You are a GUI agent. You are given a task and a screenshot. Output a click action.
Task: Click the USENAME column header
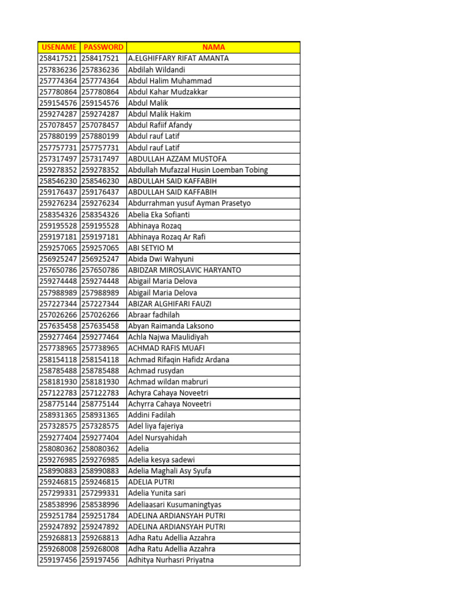click(x=58, y=47)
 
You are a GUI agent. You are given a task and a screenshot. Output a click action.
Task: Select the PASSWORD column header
click(x=103, y=47)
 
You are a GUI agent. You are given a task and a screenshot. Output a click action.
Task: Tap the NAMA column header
click(x=213, y=47)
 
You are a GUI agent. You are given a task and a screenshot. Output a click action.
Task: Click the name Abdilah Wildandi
click(x=157, y=69)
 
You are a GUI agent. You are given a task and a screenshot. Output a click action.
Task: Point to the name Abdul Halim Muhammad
click(x=170, y=81)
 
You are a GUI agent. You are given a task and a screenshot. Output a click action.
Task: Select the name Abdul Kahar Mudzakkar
click(x=168, y=92)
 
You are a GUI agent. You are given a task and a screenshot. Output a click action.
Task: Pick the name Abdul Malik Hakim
click(x=160, y=114)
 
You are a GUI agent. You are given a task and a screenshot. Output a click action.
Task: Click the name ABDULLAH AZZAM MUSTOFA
click(x=178, y=159)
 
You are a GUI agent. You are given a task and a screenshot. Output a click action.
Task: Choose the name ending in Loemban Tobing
click(x=198, y=170)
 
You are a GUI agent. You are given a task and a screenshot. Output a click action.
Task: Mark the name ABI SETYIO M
click(x=151, y=248)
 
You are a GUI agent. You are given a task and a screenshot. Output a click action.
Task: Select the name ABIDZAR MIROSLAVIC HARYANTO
click(x=185, y=270)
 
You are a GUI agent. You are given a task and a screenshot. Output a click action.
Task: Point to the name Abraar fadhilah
click(x=154, y=315)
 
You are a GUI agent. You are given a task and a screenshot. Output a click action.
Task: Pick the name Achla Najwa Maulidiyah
click(x=169, y=337)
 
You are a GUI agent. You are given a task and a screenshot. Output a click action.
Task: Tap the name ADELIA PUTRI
click(x=151, y=482)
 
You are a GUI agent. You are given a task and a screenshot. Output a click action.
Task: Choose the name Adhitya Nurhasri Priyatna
click(x=171, y=560)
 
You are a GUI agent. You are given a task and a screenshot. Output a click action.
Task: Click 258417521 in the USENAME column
click(x=58, y=58)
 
